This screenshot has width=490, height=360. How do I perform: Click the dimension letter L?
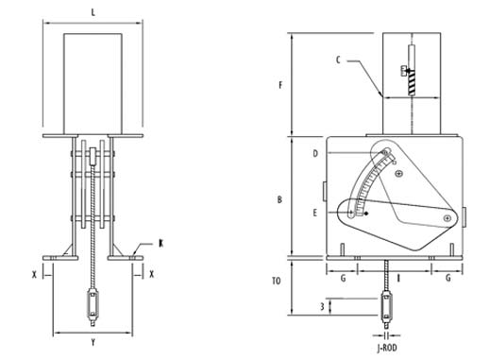coord(93,12)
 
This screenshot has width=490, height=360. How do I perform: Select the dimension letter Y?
coord(93,342)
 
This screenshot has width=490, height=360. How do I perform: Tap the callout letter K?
coord(161,244)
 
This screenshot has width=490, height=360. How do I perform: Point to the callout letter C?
coord(338,60)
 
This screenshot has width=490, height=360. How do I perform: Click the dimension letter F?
coord(280,85)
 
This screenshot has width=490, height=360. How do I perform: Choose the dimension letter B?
coord(279,199)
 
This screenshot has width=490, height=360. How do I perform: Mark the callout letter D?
coord(315,154)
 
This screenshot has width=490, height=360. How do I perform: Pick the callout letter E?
coord(315,214)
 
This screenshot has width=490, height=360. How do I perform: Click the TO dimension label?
coord(277,281)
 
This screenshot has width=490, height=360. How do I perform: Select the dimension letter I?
coord(398,279)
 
